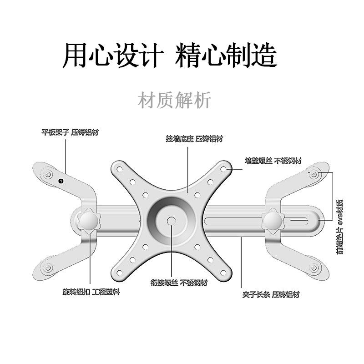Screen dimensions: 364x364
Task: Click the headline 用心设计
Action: coord(113,56)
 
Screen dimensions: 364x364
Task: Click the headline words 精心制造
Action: coord(226,56)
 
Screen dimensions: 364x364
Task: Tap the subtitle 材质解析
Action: coord(175,100)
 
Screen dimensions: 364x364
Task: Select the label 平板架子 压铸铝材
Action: coord(70,133)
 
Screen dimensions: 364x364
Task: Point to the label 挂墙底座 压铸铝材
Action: coord(194,139)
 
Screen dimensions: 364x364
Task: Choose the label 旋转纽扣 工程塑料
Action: coord(91,292)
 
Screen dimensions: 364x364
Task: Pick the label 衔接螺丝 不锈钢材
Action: coord(179,283)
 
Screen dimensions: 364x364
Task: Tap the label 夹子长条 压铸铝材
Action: coord(271,294)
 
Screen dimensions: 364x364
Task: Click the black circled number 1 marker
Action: coord(61,181)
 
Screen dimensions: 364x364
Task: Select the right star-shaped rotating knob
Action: coord(273,219)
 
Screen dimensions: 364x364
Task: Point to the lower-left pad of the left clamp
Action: coord(47,268)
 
